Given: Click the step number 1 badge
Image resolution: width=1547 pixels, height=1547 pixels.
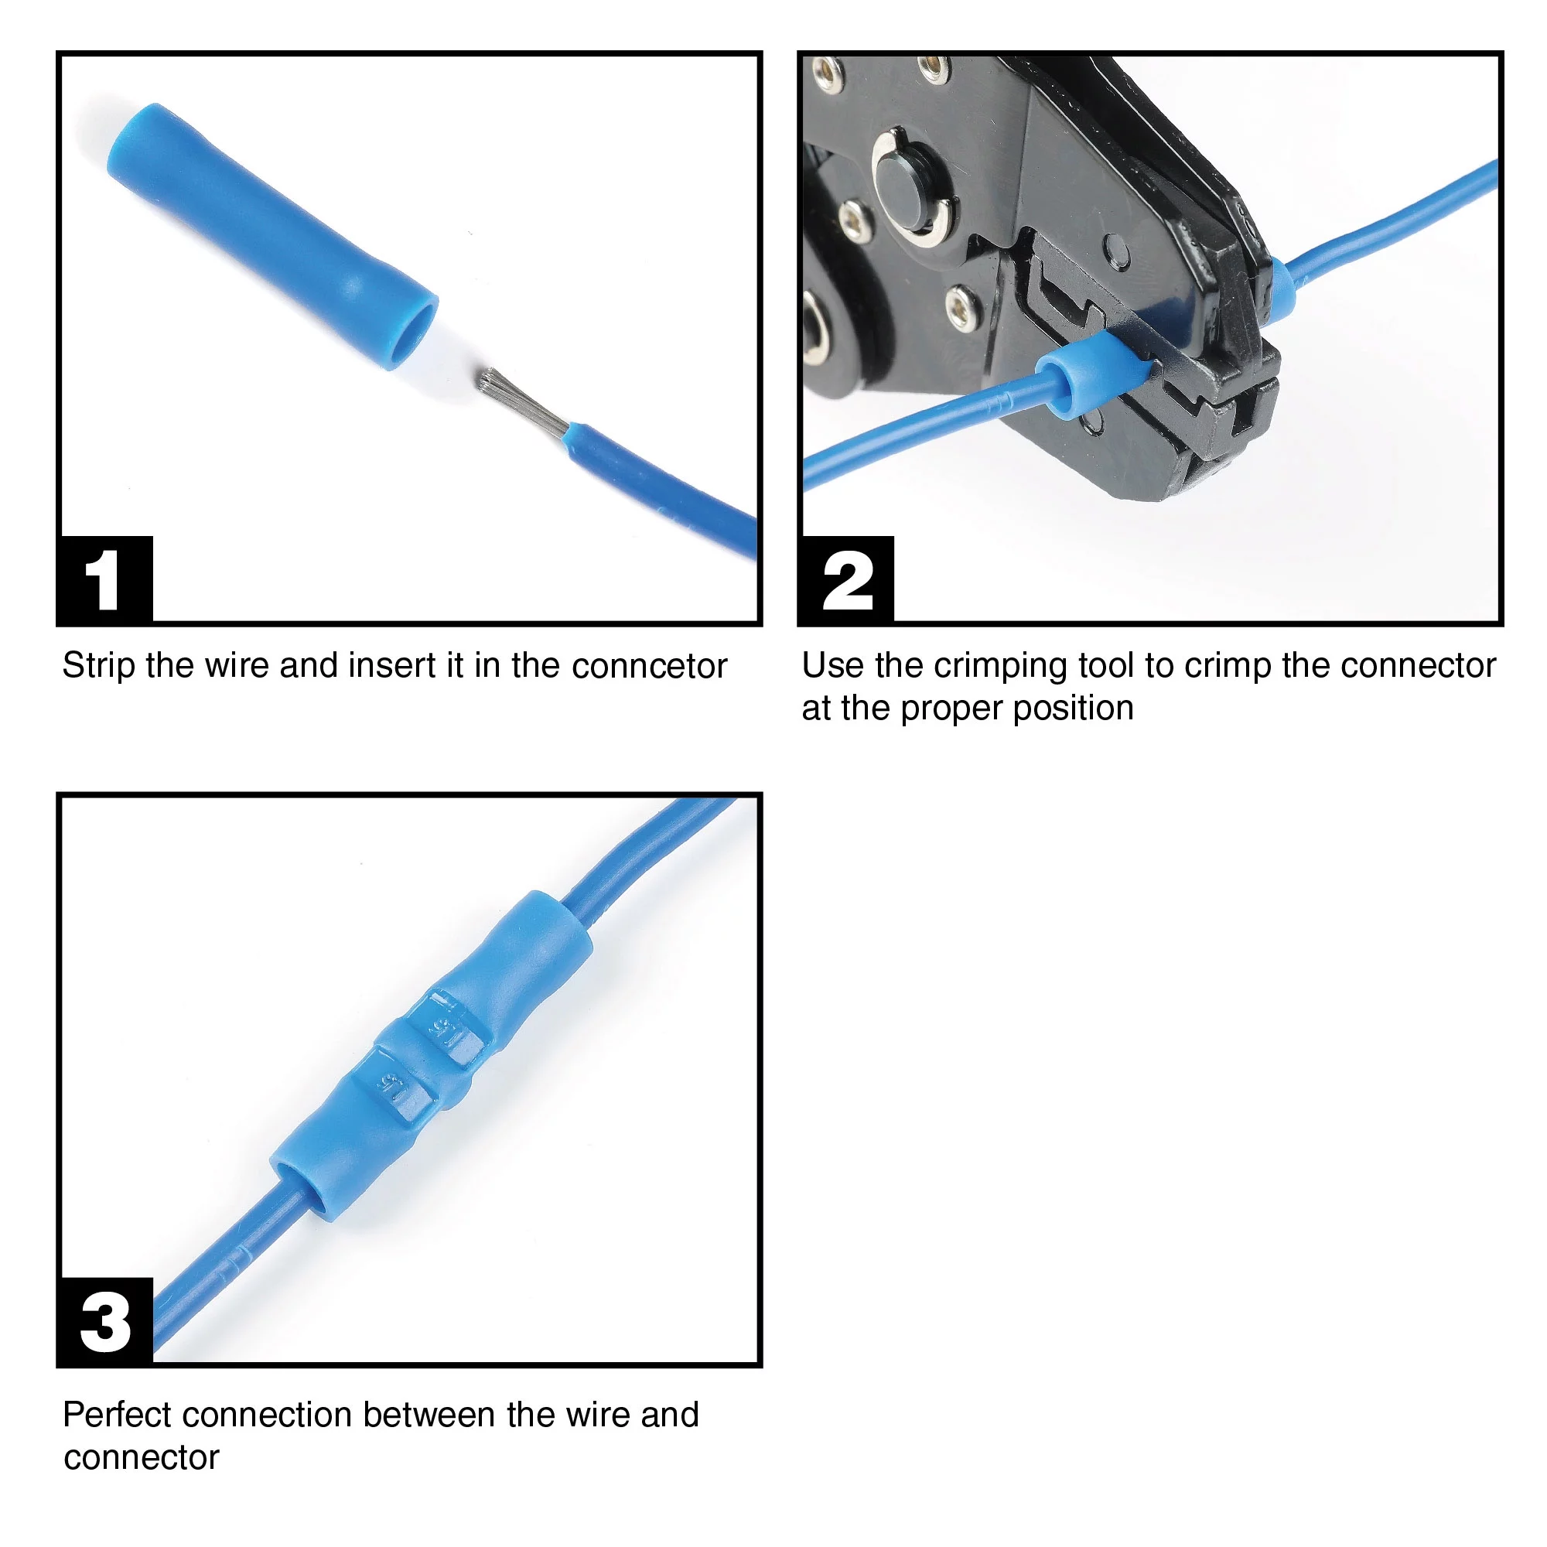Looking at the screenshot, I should (x=104, y=579).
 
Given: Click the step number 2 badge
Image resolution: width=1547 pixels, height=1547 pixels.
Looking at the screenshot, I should (x=847, y=579).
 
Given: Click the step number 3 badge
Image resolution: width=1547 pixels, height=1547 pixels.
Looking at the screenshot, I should (x=104, y=1322).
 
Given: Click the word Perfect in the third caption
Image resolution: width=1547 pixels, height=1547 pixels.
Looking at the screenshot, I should (x=116, y=1415).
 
